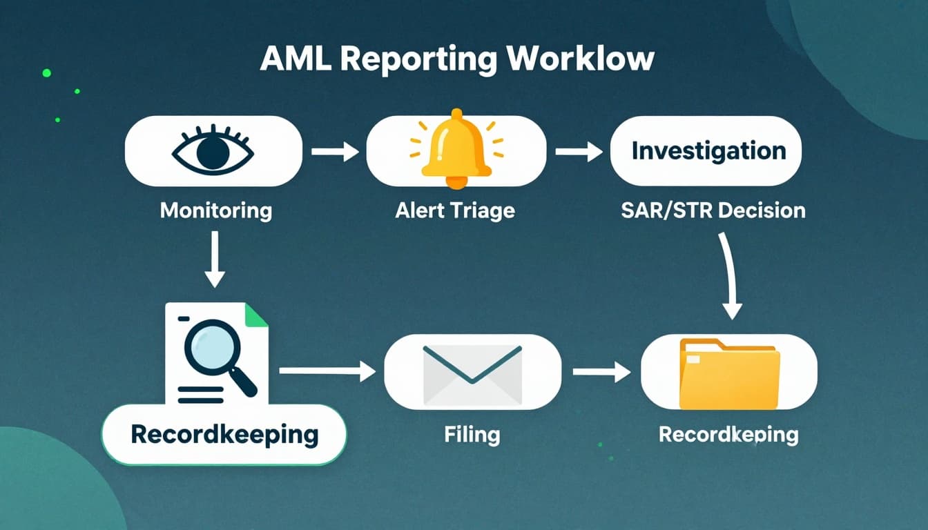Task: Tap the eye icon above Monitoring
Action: click(213, 151)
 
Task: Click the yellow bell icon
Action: click(456, 149)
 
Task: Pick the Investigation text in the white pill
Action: click(708, 151)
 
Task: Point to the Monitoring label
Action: click(215, 210)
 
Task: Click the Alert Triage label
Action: click(455, 210)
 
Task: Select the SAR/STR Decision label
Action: click(713, 210)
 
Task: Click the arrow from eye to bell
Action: click(335, 151)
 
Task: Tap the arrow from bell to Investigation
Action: click(579, 151)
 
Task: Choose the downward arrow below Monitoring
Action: click(215, 259)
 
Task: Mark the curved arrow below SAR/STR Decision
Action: click(730, 275)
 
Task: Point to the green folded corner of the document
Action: click(255, 315)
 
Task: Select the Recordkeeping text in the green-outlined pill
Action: click(224, 435)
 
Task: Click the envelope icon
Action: click(472, 373)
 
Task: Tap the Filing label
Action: click(472, 435)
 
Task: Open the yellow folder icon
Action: click(729, 373)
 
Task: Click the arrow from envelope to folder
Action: click(601, 373)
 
